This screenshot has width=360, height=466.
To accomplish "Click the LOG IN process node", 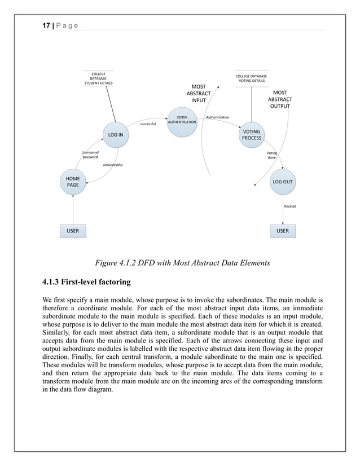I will click(x=116, y=134).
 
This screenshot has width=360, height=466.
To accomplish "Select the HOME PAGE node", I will click(x=73, y=182).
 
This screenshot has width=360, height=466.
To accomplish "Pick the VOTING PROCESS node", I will click(x=251, y=135).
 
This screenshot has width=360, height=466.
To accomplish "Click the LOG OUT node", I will click(x=282, y=182).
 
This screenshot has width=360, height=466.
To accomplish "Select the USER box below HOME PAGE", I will click(x=73, y=231).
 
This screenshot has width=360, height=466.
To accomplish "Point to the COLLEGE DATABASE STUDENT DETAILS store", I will click(x=98, y=78).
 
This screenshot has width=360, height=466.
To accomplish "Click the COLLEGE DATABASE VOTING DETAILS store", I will click(x=251, y=78).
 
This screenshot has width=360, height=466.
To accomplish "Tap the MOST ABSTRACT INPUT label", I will click(x=199, y=94).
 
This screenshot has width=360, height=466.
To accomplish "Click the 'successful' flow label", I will click(x=148, y=124).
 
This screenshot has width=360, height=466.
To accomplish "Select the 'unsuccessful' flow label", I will click(x=113, y=165).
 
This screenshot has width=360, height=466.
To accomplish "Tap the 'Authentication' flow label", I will click(x=217, y=117).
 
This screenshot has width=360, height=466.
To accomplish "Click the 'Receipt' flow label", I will click(x=290, y=206).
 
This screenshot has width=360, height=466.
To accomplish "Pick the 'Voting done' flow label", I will click(x=271, y=155).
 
